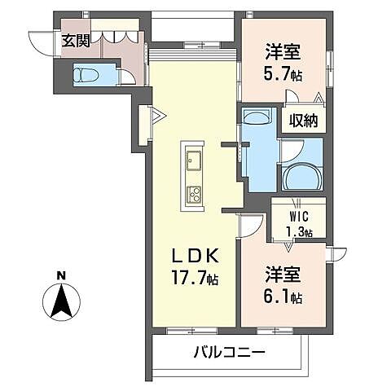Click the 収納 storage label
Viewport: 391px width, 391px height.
click(304, 121)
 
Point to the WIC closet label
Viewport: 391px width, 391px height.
click(297, 217)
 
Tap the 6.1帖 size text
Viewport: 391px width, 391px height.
click(285, 298)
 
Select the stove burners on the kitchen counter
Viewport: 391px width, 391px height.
click(195, 194)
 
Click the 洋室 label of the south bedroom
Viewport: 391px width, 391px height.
click(285, 275)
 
